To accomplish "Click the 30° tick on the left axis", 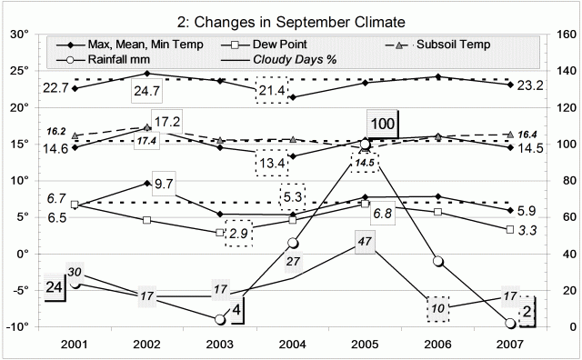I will pos(20,35).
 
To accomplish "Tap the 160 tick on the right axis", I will pos(559,35).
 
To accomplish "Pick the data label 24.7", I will pos(147,91).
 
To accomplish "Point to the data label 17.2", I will pos(169,122).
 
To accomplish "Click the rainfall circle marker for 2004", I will pos(293,244).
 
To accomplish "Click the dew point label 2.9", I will pos(239,234).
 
